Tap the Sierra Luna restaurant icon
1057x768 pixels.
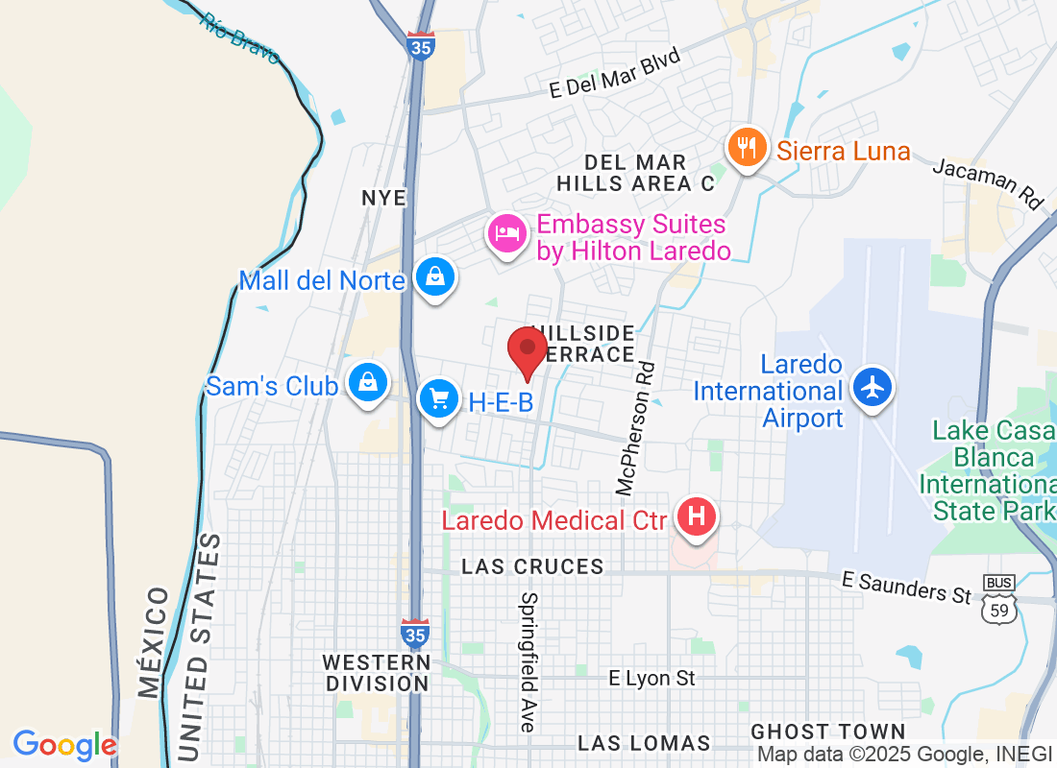[x=746, y=148]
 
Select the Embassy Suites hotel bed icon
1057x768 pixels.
[x=506, y=232]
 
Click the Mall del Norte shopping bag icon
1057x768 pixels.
[x=435, y=277]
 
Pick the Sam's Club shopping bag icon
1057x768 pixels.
[x=367, y=381]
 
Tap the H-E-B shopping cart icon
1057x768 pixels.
[x=439, y=398]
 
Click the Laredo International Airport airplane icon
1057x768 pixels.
[x=872, y=387]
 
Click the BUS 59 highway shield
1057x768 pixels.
[x=999, y=599]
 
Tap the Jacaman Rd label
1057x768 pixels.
[x=988, y=181]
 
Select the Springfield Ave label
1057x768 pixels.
[x=528, y=662]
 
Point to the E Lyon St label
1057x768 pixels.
[x=651, y=679]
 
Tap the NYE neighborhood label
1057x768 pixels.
[x=384, y=198]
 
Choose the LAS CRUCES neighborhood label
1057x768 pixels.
[x=532, y=566]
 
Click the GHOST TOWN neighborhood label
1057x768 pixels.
[x=828, y=732]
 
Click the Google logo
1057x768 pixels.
[x=64, y=745]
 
